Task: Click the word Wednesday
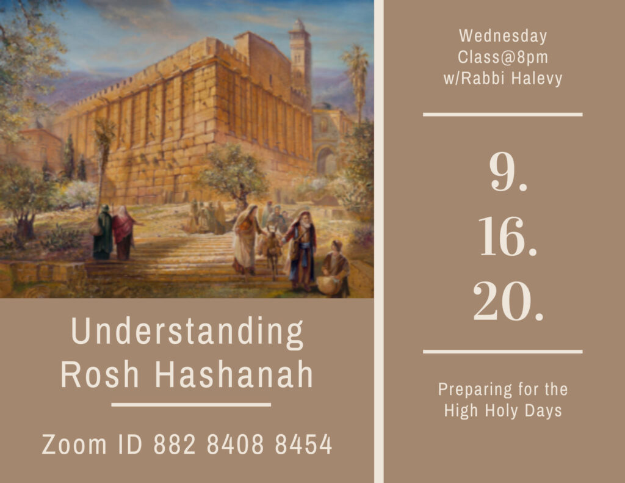point(502,36)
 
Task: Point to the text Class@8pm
point(502,56)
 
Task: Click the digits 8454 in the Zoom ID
point(303,445)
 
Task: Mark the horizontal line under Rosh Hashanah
point(191,404)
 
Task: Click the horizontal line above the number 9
point(502,114)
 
